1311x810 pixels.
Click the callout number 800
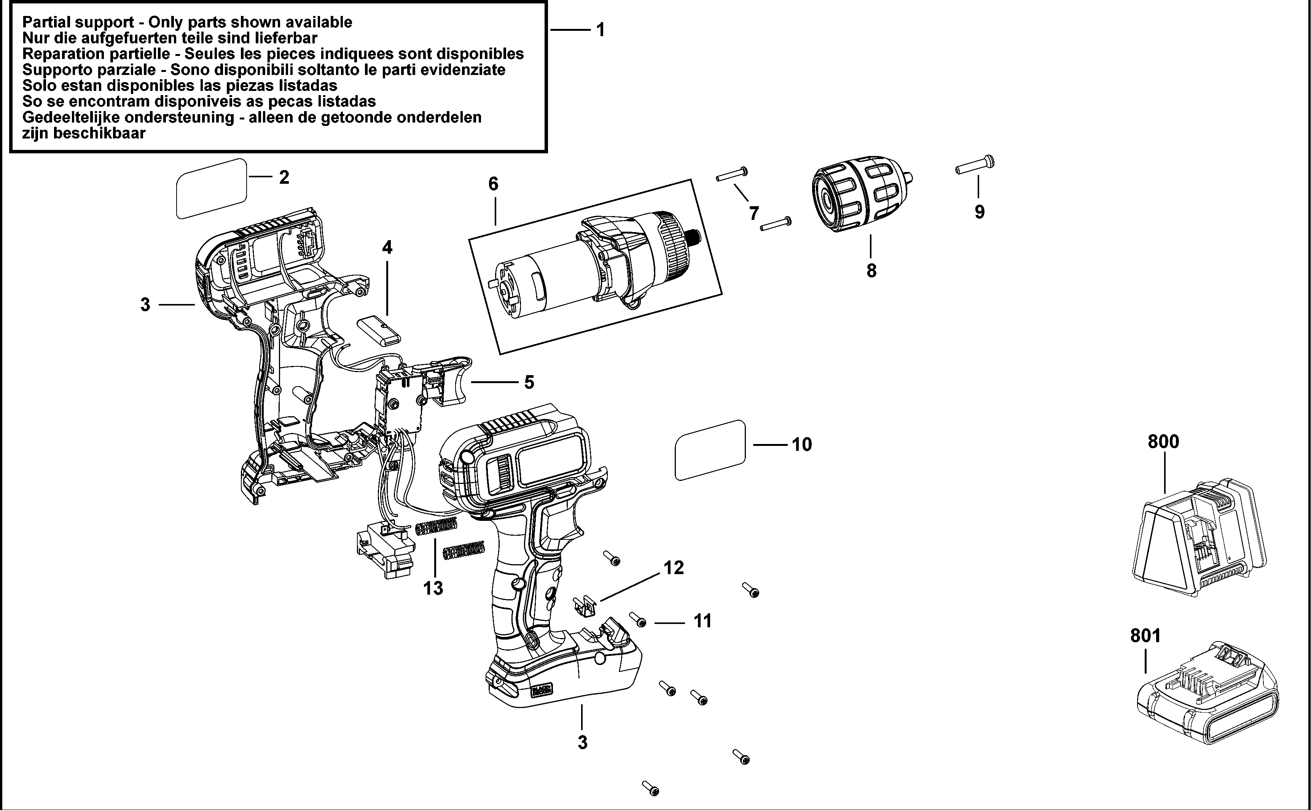[x=1163, y=442]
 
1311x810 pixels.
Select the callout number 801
[x=1145, y=636]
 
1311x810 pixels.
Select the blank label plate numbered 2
[x=212, y=189]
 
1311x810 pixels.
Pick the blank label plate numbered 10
[x=710, y=450]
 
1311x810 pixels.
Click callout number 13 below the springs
[x=433, y=588]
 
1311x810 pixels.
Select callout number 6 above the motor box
[x=493, y=184]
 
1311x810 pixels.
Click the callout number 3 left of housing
[x=145, y=305]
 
